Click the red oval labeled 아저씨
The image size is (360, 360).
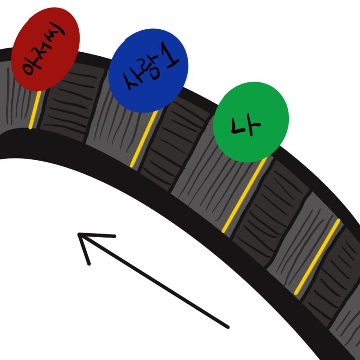point(45,49)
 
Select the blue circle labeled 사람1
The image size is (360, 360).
point(148,71)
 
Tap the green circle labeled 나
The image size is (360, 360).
point(251,122)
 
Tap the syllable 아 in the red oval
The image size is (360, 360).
point(29,67)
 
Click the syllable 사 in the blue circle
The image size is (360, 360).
point(131,81)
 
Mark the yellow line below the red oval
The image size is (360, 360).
point(35,110)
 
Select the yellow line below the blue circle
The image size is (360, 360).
point(144,139)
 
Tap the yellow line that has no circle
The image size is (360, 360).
point(317,256)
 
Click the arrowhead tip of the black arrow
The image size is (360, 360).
point(78,234)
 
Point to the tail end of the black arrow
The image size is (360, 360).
point(228,327)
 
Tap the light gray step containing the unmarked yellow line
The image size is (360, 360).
point(306,244)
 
